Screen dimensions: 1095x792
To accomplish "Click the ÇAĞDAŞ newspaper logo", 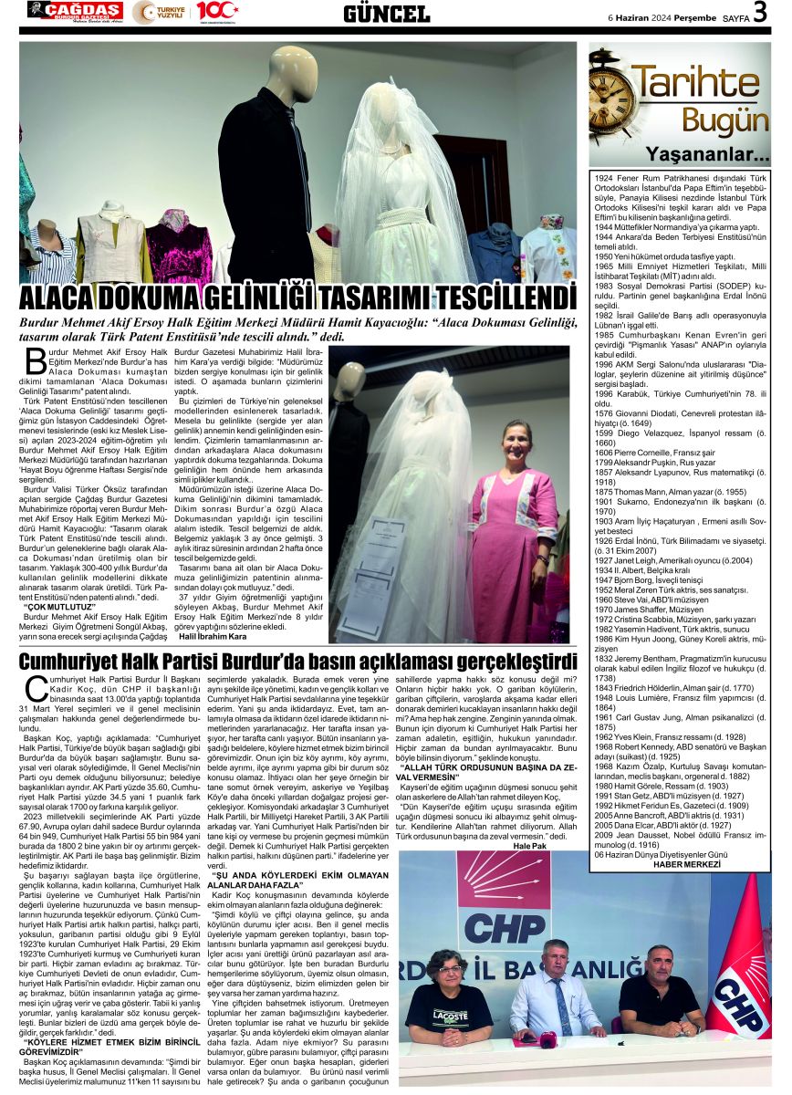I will click(75, 11).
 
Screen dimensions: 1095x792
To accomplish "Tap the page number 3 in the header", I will click(759, 13).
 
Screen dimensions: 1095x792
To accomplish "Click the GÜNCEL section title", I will click(386, 13).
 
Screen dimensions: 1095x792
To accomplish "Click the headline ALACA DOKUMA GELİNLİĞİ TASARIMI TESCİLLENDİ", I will click(297, 298).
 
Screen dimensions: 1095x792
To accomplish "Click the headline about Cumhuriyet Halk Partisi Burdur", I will click(297, 660).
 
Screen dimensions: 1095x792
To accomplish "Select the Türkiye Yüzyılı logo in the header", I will click(159, 12).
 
